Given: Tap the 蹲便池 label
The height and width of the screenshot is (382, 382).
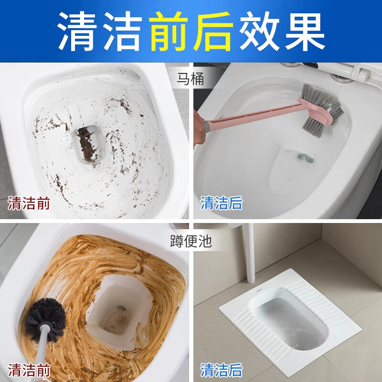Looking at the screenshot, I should (x=191, y=240).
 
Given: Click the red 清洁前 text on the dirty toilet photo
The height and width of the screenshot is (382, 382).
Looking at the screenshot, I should (x=29, y=203).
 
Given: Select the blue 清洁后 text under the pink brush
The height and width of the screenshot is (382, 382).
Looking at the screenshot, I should (x=221, y=203).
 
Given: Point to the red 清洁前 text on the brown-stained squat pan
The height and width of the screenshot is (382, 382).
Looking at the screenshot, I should (x=29, y=370).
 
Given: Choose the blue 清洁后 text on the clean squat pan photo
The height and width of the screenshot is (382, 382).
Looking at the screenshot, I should (x=221, y=370).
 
